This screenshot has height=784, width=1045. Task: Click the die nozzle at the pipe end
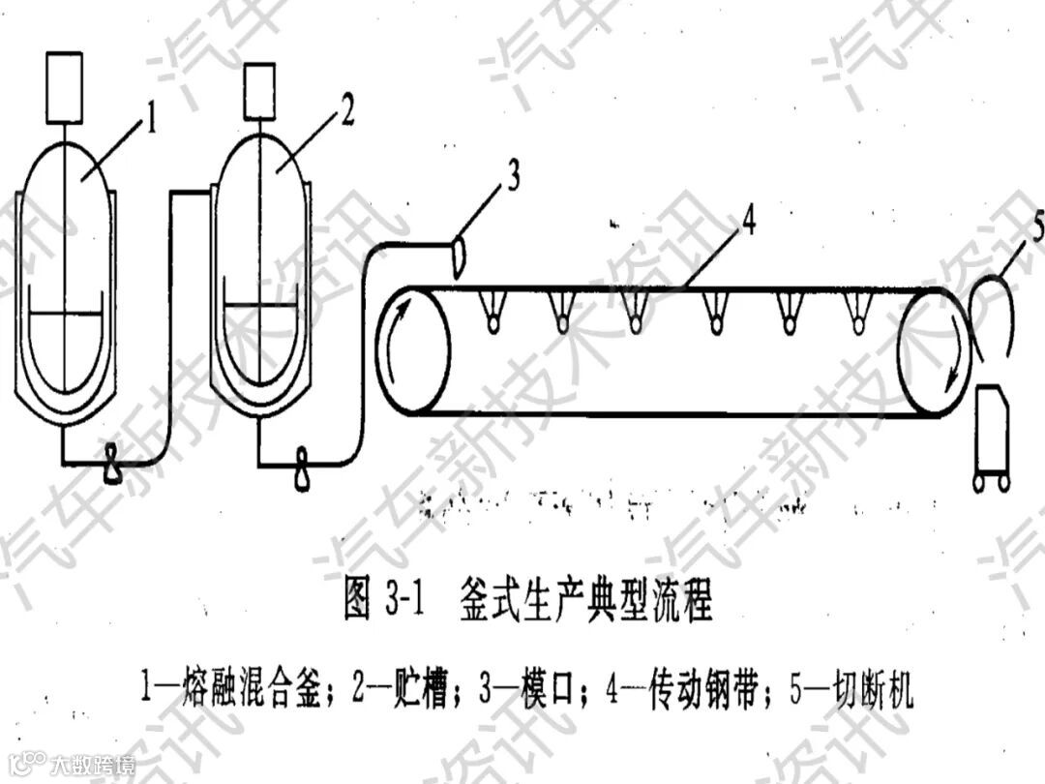point(460,254)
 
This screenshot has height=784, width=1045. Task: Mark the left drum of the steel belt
point(412,349)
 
